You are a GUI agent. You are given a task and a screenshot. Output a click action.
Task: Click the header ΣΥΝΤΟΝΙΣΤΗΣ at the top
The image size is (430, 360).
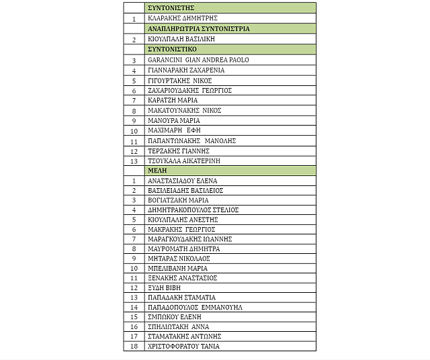[x=166, y=8]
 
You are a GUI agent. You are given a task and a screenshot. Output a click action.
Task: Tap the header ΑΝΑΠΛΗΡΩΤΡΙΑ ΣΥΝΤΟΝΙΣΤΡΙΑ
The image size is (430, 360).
[x=198, y=29]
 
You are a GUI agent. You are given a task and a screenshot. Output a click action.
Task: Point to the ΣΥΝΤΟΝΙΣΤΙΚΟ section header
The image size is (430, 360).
[x=172, y=49]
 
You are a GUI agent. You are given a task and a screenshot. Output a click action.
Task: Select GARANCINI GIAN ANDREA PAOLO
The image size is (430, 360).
[x=198, y=60]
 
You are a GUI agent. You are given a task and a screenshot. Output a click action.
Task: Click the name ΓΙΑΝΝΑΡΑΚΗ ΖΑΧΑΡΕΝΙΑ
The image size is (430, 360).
[x=186, y=70]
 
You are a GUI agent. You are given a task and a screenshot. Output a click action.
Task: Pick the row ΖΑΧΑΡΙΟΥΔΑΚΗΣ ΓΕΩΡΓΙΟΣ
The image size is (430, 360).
[x=189, y=90]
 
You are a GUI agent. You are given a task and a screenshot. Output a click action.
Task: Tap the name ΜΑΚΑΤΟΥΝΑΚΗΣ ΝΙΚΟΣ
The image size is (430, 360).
[x=184, y=110]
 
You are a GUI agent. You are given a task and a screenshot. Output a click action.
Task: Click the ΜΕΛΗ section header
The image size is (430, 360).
[x=158, y=171]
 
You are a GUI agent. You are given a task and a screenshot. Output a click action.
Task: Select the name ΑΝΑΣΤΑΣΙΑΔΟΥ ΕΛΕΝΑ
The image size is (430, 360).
[x=182, y=181]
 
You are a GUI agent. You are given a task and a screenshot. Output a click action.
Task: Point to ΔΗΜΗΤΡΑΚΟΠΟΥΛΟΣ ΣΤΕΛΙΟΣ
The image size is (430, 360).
[x=193, y=210]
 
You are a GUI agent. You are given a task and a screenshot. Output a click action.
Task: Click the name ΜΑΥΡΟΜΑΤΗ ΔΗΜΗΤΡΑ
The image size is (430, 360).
[x=183, y=249]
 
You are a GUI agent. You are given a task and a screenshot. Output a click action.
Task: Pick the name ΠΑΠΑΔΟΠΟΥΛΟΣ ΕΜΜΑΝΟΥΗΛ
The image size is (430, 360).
[x=195, y=307]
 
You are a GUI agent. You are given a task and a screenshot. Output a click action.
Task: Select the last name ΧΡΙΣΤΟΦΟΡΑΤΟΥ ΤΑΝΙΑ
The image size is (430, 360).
[x=183, y=346]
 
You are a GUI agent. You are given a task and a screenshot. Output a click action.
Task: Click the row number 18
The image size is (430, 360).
[x=134, y=346]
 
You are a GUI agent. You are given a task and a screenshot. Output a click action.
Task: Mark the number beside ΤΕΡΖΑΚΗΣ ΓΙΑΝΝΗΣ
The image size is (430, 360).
[x=134, y=151]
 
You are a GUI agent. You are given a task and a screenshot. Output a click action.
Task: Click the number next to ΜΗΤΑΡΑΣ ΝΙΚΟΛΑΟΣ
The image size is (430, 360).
[x=134, y=259]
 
